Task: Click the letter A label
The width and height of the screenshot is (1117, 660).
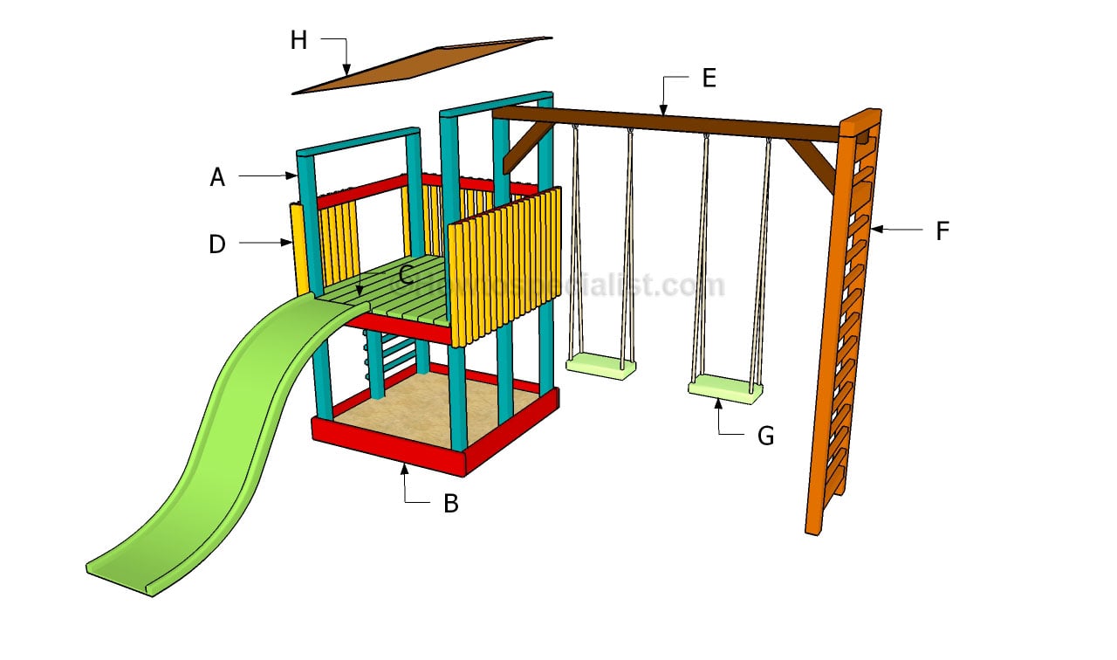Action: (x=217, y=177)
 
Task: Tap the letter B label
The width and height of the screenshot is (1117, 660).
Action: (x=450, y=504)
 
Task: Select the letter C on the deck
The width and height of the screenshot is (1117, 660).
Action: (x=406, y=276)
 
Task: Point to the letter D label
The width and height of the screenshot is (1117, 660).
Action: (x=217, y=244)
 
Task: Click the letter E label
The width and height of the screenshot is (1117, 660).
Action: (x=709, y=78)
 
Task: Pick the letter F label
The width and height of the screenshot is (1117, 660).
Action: (x=942, y=231)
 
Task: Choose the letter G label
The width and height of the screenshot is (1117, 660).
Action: (x=765, y=436)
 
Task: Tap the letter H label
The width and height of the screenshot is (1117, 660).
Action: (x=298, y=40)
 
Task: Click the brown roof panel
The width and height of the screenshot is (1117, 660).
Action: (x=419, y=65)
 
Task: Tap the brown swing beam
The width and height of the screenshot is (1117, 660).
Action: (x=663, y=122)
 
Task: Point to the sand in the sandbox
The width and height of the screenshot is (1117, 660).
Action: (x=436, y=410)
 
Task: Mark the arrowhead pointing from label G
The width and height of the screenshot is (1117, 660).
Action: (x=718, y=403)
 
